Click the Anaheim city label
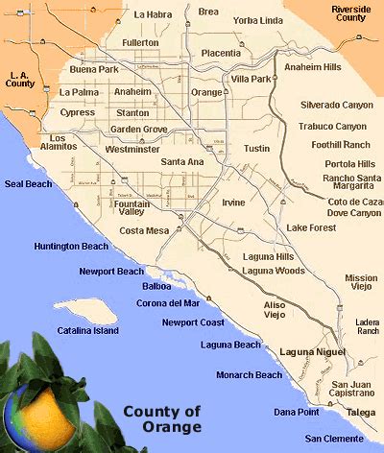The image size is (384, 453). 132,91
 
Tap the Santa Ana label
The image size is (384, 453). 182,162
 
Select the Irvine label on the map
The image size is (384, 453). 233,203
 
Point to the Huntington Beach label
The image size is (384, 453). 71,247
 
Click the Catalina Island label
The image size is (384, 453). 85,330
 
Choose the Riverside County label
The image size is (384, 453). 351,12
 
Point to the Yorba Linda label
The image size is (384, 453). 258,20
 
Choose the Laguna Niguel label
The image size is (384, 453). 308,352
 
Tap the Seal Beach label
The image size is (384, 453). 27,182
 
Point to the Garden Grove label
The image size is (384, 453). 139,130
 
